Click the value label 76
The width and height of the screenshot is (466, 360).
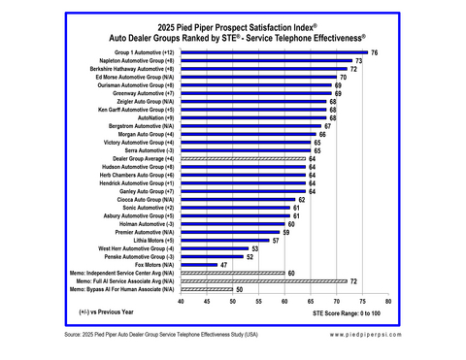[x=374, y=51]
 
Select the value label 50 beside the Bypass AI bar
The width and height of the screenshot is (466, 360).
[x=239, y=289]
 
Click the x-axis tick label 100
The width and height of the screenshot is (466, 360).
[x=388, y=302]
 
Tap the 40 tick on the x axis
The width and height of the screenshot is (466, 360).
[x=182, y=302]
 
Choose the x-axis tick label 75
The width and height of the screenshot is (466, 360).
[x=337, y=302]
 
